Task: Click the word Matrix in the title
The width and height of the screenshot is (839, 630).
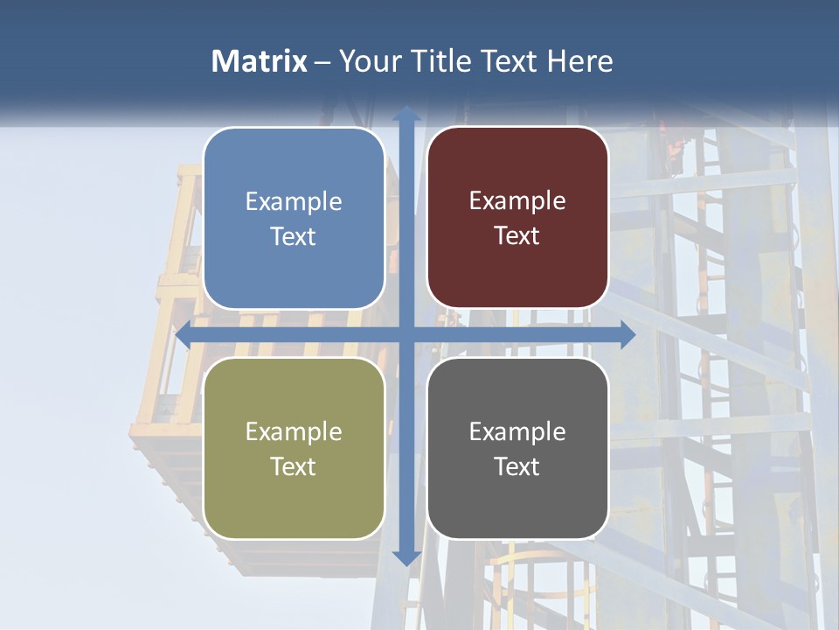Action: [259, 61]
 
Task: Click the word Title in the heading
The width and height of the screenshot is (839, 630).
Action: [443, 61]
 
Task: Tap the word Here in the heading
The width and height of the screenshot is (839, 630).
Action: [580, 61]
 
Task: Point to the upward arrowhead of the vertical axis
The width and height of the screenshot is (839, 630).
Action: [406, 114]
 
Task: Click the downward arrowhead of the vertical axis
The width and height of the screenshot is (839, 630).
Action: [406, 557]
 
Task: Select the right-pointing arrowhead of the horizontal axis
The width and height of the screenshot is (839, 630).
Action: [627, 335]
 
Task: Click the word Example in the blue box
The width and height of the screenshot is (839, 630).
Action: [294, 202]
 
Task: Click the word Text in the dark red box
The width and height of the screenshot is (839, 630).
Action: [517, 236]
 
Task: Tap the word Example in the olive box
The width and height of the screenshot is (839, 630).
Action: [294, 432]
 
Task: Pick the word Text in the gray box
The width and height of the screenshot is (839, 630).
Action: [517, 466]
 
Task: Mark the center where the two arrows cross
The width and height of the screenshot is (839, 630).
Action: [406, 335]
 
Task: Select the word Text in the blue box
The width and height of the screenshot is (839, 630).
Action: [294, 237]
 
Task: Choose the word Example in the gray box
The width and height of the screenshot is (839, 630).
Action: [517, 431]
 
